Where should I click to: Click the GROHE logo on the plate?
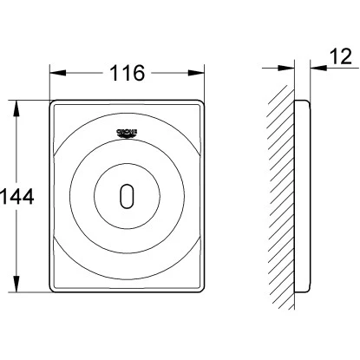(127, 132)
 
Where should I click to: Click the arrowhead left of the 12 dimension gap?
(289, 66)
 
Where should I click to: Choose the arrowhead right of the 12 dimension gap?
(312, 66)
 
